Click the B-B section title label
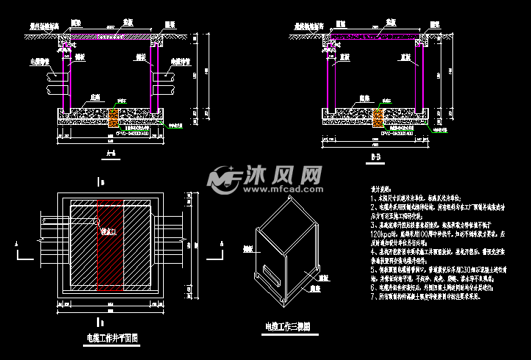click(375, 156)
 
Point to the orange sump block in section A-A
click(114, 117)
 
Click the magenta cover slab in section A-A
click(110, 35)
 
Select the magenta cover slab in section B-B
click(375, 35)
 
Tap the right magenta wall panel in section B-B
click(419, 77)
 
